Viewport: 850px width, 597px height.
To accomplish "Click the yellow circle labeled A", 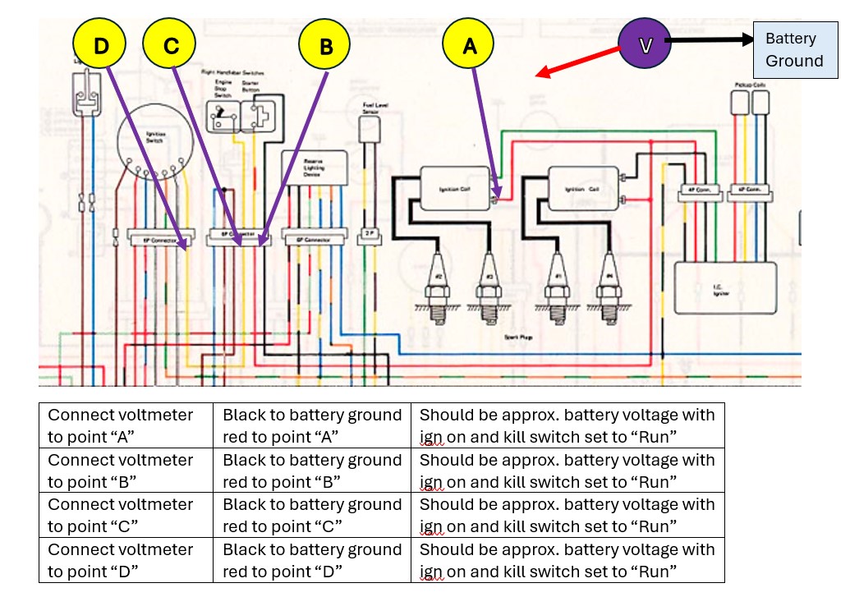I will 469,46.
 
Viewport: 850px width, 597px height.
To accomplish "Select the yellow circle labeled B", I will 325,46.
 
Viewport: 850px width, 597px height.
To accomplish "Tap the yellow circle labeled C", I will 170,46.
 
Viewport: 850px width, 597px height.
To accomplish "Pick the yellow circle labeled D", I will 100,46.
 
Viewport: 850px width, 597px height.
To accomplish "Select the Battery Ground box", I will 793,50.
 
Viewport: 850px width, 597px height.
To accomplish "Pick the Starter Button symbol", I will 264,116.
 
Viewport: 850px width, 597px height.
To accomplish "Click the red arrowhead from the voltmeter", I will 543,75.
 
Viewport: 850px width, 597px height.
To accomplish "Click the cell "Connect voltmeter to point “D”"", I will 126,560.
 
